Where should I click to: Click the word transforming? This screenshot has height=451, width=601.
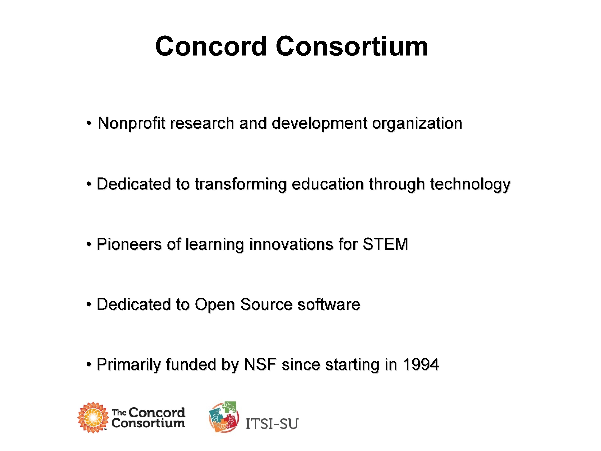(241, 184)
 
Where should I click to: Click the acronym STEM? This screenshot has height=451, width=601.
(385, 244)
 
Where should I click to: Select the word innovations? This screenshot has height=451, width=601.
(291, 244)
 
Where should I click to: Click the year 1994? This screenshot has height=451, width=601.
(421, 365)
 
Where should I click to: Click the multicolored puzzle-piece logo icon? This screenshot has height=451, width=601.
(224, 417)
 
